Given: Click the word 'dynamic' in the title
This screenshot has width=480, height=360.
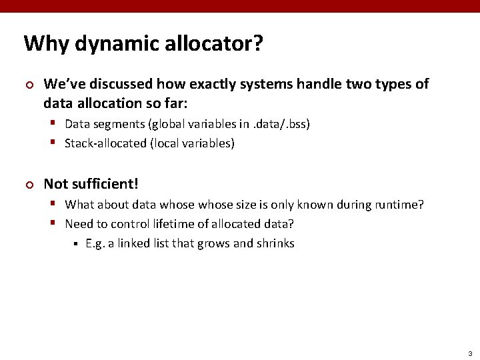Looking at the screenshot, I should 108,44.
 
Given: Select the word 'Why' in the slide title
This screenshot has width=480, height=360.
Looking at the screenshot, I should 47,44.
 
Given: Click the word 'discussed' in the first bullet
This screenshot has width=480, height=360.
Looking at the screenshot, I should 121,84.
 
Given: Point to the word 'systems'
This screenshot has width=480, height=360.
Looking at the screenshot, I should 265,84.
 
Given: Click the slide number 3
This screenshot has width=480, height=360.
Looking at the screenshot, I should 469,353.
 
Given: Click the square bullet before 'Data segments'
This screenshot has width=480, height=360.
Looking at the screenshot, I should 55,124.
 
